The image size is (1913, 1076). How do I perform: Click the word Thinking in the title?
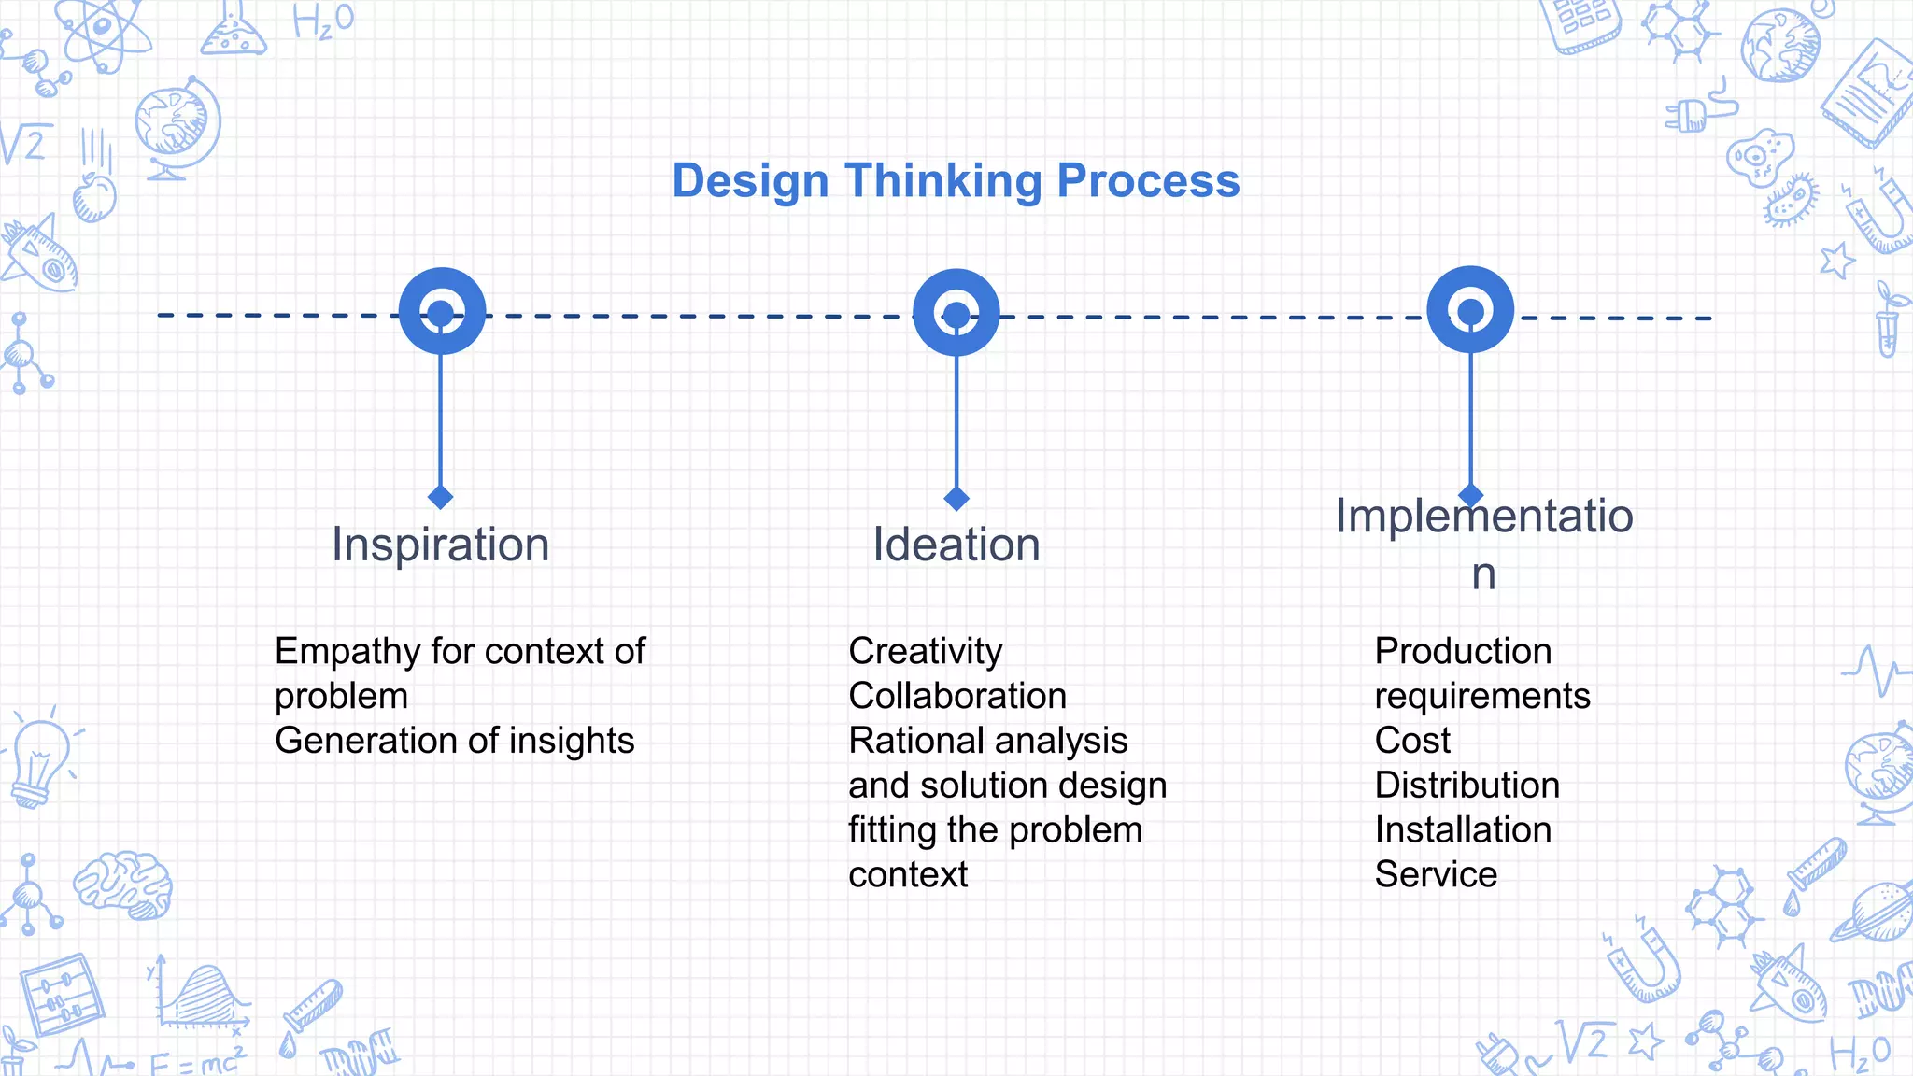pyautogui.click(x=942, y=180)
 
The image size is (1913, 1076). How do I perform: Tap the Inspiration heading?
pyautogui.click(x=440, y=545)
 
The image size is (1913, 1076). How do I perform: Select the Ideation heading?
pyautogui.click(x=956, y=545)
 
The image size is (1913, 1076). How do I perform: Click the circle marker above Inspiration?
pyautogui.click(x=442, y=311)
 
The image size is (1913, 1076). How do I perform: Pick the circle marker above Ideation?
pyautogui.click(x=956, y=313)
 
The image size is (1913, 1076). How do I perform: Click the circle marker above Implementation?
pyautogui.click(x=1470, y=310)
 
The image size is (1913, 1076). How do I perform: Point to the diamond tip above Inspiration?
pyautogui.click(x=441, y=497)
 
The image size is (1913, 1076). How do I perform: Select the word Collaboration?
pyautogui.click(x=956, y=696)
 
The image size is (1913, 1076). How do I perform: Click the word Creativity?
pyautogui.click(x=925, y=651)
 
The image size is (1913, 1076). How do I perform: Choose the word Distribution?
pyautogui.click(x=1467, y=785)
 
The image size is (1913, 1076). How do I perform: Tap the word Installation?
pyautogui.click(x=1463, y=829)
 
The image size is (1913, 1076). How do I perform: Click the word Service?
pyautogui.click(x=1436, y=874)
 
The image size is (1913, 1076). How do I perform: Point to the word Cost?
pyautogui.click(x=1412, y=740)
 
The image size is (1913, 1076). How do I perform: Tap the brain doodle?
pyautogui.click(x=123, y=884)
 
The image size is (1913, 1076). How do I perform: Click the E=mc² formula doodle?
pyautogui.click(x=196, y=1061)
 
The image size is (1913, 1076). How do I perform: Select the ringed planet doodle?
pyautogui.click(x=1872, y=912)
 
